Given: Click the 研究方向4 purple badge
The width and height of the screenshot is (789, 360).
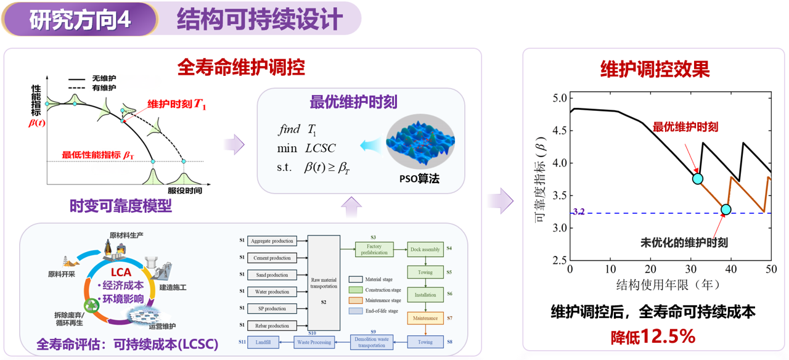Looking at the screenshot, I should click(80, 19).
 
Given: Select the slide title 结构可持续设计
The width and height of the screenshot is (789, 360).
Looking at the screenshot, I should click(260, 19).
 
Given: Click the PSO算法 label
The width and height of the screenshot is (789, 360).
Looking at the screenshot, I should click(419, 179).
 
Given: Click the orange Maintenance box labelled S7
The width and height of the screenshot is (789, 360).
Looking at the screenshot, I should click(425, 319).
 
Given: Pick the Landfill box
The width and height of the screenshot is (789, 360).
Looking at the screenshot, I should click(264, 342).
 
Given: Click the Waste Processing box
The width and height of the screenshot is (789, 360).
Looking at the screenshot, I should click(314, 342).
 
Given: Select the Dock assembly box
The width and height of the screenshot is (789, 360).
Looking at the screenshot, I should click(425, 249).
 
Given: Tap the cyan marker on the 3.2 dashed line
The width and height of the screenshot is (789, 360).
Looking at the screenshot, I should click(726, 210).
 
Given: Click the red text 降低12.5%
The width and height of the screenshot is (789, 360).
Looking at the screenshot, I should click(653, 337).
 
